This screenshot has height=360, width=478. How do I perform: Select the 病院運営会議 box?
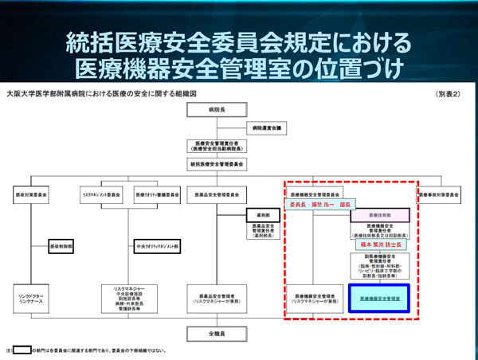pos(267,127)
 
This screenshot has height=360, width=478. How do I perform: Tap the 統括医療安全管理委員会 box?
pos(218,163)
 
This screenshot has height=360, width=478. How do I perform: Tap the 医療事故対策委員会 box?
pos(438,194)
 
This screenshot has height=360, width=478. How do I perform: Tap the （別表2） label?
pos(449,95)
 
